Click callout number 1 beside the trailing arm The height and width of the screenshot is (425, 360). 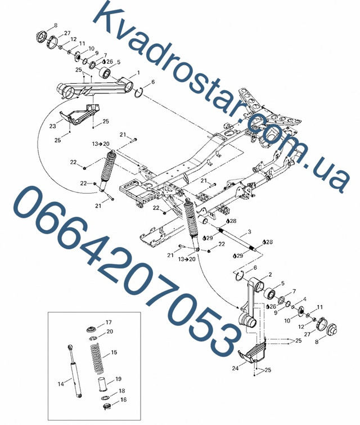tap(138, 73)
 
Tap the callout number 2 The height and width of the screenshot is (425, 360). tap(270, 275)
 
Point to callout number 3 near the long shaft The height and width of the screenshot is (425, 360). tap(250, 232)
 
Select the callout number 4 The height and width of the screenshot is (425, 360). tap(305, 299)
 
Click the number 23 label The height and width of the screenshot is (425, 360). tap(52, 126)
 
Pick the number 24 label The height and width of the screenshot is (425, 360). tap(235, 368)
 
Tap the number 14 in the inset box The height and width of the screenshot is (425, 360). tap(61, 384)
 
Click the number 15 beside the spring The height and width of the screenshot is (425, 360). tap(114, 352)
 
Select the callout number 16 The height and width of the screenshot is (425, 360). tap(123, 400)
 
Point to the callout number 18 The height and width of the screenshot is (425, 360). tap(121, 391)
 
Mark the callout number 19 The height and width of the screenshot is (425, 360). tap(118, 379)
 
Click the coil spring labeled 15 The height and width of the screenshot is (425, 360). tap(96, 358)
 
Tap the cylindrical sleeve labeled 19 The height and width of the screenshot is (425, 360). tap(102, 383)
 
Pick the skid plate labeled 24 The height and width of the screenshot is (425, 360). tap(251, 354)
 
